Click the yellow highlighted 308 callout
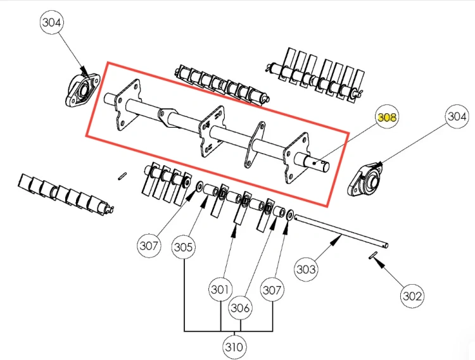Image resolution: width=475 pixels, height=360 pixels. tap(387, 117)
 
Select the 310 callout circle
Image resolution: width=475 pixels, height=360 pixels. tap(234, 347)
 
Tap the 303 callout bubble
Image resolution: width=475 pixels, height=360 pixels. tap(306, 269)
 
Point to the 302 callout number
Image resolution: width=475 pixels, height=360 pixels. tap(412, 296)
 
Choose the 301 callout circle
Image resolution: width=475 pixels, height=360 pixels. tap(220, 290)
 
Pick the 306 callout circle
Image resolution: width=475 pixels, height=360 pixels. tap(240, 307)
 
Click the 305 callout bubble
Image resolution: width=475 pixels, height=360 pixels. tap(184, 247)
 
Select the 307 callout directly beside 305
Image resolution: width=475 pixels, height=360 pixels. tap(149, 245)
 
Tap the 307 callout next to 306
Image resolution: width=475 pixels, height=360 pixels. tap(272, 290)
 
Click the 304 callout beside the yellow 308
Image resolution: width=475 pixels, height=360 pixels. tap(457, 116)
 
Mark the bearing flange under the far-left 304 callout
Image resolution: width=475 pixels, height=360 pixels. tap(82, 90)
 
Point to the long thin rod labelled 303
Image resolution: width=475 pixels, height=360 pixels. tap(341, 231)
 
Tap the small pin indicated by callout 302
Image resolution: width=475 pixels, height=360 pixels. tap(372, 256)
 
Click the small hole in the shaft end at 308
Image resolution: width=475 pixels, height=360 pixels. tap(314, 164)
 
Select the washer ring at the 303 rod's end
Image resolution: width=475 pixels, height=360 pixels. tap(289, 215)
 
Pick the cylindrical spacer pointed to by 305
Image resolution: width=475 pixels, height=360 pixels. tap(210, 190)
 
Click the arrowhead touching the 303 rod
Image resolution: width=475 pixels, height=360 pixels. tap(336, 240)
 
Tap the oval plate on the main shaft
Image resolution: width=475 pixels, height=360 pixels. tap(255, 145)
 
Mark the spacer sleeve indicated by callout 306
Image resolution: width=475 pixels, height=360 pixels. tap(279, 211)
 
